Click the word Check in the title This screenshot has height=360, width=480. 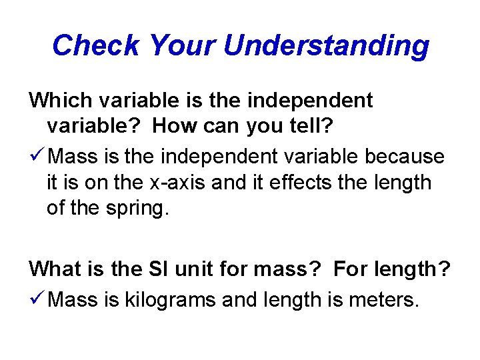point(95,45)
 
